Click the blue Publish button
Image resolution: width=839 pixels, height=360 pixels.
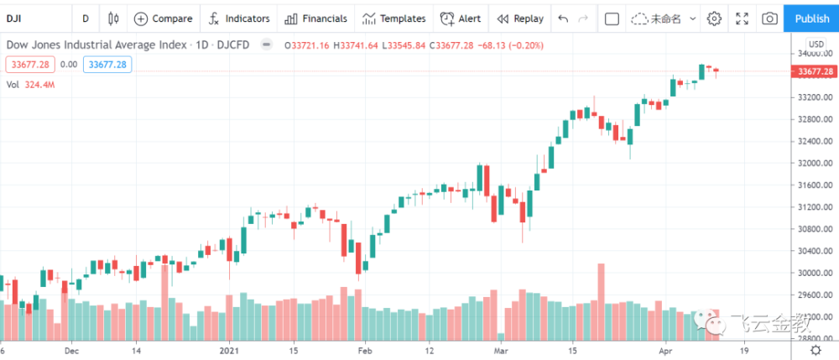[x=811, y=18]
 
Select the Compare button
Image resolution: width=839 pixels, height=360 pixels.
[x=163, y=18]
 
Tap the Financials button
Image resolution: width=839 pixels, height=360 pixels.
[x=315, y=18]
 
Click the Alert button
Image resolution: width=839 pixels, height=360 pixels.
[x=461, y=18]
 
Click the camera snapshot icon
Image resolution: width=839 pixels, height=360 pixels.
[x=769, y=18]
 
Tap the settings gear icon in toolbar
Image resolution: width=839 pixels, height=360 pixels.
[x=714, y=18]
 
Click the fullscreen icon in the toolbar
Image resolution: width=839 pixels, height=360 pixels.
[x=742, y=18]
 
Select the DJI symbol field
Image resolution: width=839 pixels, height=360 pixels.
[x=34, y=18]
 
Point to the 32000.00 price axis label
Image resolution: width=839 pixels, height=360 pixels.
[x=814, y=163]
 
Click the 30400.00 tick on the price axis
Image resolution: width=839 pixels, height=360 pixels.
[x=814, y=251]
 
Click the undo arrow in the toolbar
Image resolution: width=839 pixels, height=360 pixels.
[x=562, y=18]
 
